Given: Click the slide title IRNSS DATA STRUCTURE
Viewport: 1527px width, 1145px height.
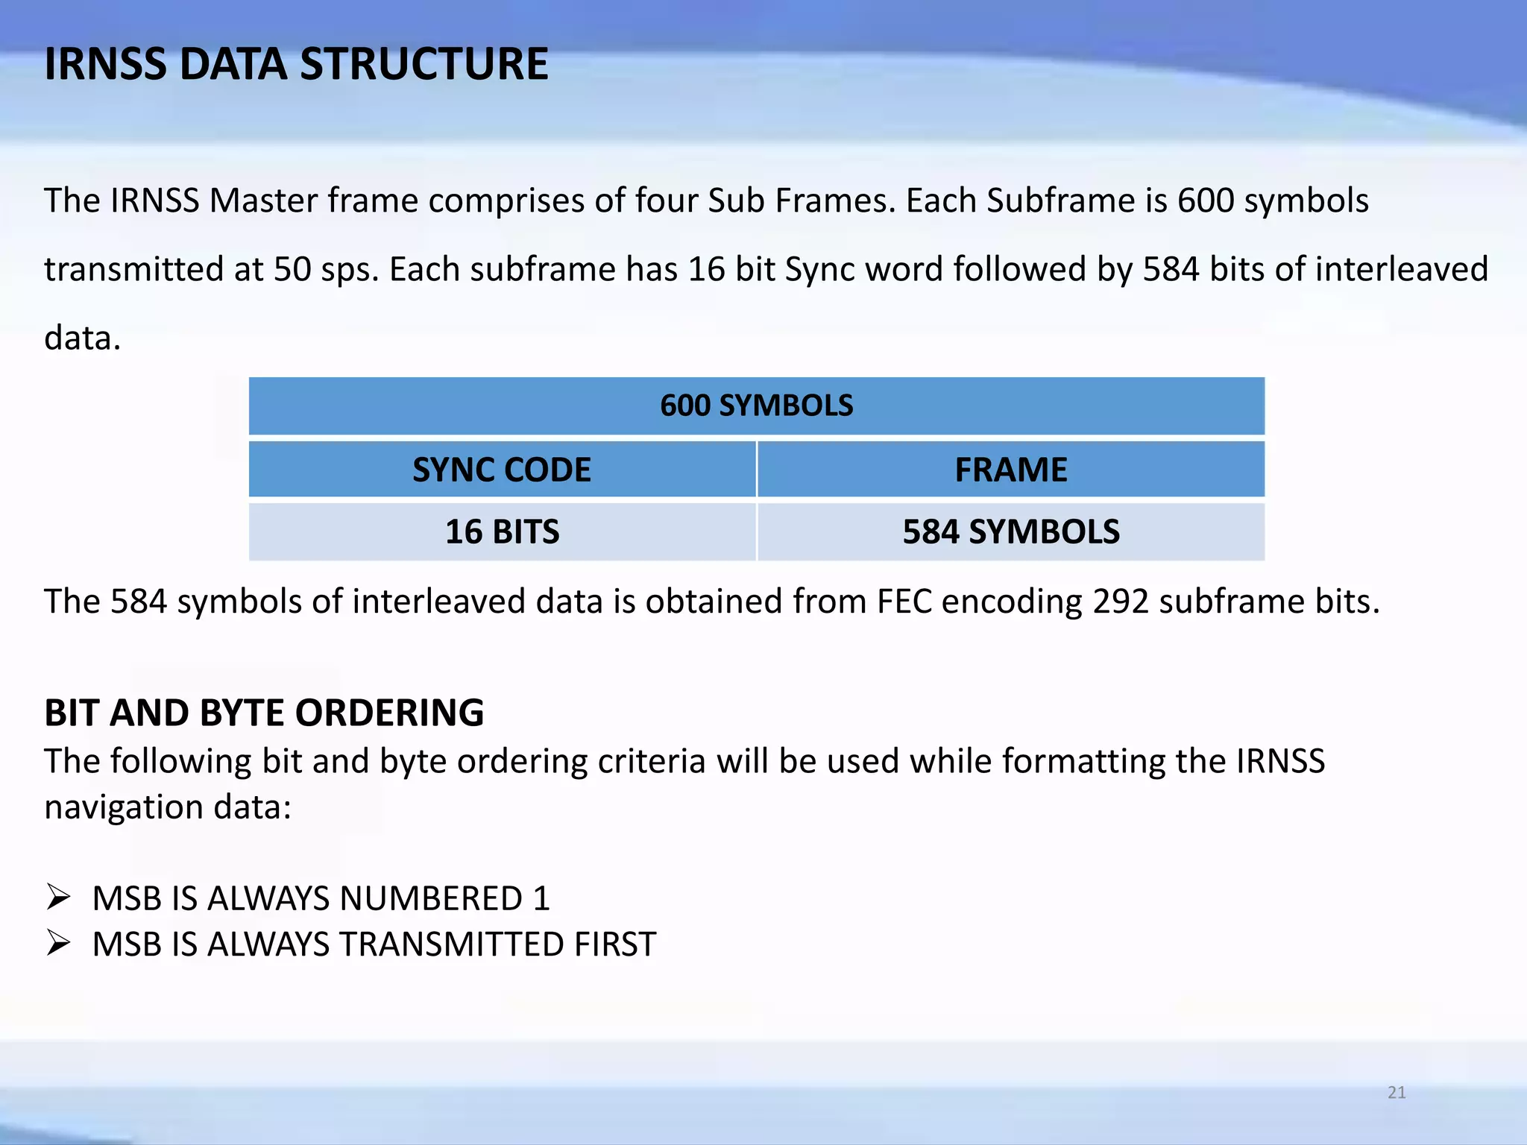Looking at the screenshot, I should [x=296, y=64].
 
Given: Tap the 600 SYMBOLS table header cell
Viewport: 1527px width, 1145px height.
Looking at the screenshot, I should [x=756, y=406].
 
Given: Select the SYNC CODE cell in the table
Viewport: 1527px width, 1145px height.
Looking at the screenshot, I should [x=502, y=470].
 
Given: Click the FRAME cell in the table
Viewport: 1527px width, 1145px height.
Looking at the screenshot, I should [x=1010, y=470].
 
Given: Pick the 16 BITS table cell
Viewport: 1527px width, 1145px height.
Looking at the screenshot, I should [x=502, y=532].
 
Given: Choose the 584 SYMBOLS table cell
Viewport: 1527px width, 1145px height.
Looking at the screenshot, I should [x=1010, y=532].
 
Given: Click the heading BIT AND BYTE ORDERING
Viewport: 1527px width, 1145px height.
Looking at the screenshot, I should [x=264, y=713].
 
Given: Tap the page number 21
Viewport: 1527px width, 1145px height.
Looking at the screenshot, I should [x=1397, y=1093].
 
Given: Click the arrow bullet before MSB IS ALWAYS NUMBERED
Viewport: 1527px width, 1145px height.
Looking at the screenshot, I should [x=58, y=897].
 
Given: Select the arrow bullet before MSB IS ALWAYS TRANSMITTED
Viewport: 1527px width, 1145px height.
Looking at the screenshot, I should [x=58, y=943].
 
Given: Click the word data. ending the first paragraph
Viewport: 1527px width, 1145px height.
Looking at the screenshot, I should [x=82, y=338].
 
